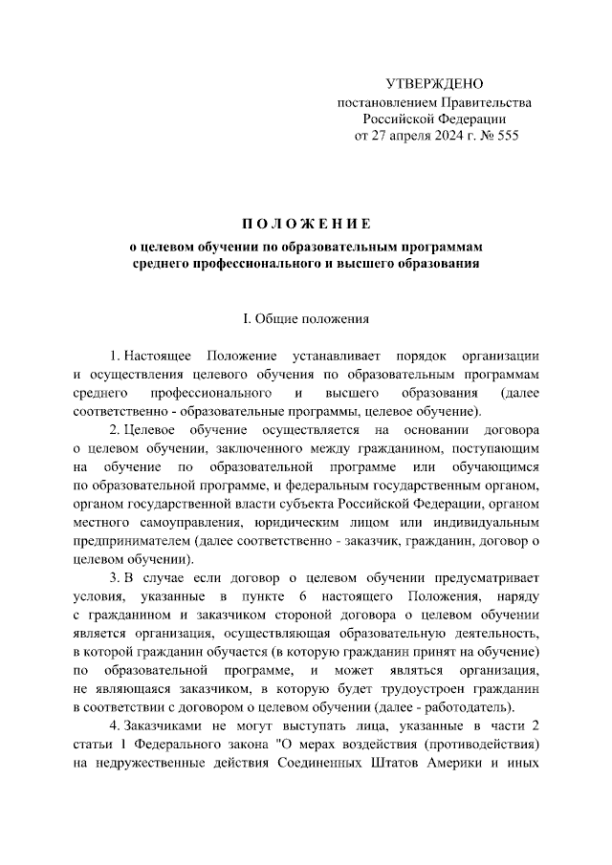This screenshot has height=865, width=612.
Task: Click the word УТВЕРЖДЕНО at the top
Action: pos(434,84)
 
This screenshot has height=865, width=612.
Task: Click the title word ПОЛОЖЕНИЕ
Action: pos(306,225)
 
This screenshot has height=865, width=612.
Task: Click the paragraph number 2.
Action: pos(114,430)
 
